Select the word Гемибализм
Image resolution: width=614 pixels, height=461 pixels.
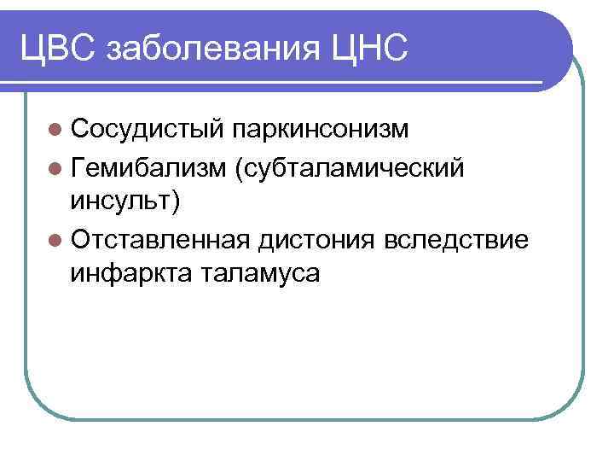(x=150, y=169)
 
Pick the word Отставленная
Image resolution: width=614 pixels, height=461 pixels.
(x=160, y=242)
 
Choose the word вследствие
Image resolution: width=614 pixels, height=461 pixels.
(x=456, y=242)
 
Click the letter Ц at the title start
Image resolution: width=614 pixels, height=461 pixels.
(x=32, y=45)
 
